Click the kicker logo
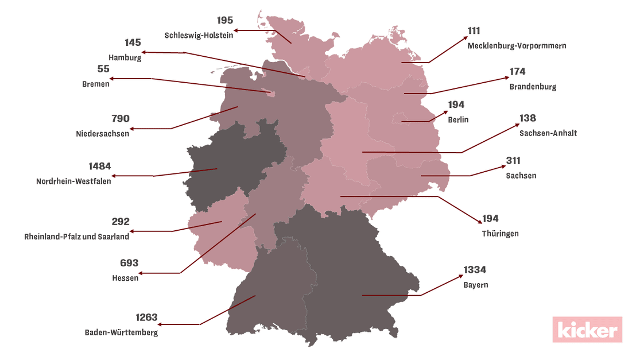[587, 330]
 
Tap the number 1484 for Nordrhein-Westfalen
[100, 167]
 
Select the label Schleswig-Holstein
[199, 35]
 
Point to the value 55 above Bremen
[103, 68]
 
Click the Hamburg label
[125, 57]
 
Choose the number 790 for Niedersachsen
[120, 119]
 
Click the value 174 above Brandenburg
[517, 72]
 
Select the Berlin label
[458, 120]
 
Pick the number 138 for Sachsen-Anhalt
[527, 118]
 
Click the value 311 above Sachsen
[513, 161]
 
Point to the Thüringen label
[500, 234]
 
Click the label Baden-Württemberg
[121, 332]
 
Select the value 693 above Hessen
[129, 263]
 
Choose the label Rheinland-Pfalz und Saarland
[77, 236]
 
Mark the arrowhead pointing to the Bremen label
[113, 79]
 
